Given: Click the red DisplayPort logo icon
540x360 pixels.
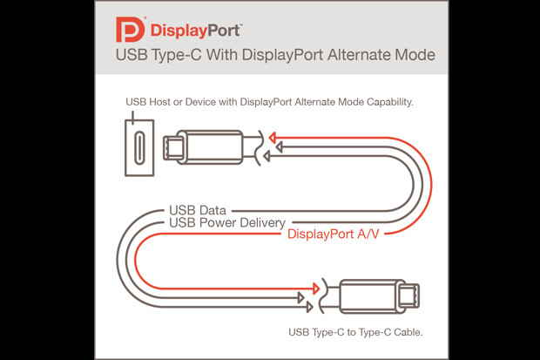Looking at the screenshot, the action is [x=130, y=30].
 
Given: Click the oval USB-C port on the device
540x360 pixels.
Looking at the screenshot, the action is [x=139, y=147].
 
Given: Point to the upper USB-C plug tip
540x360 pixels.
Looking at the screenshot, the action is [x=171, y=147].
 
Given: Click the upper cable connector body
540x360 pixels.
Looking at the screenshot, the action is [x=210, y=147].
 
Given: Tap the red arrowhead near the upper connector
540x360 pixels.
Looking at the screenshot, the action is [x=273, y=138].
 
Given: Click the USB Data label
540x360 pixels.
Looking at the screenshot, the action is [x=198, y=210].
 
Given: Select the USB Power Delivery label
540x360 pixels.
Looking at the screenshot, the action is [x=227, y=223].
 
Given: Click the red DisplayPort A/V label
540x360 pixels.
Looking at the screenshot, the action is [x=333, y=234].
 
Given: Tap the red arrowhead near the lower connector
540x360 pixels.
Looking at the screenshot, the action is [x=316, y=289].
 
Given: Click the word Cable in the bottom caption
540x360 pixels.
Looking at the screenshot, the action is [x=408, y=332].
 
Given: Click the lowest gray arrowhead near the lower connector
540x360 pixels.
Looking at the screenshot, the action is [x=309, y=307].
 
